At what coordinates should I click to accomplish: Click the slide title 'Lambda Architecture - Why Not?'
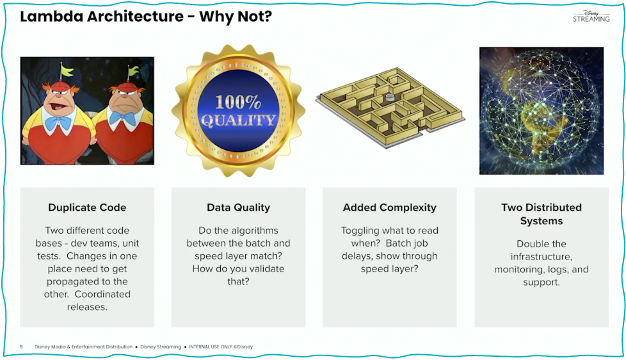[x=146, y=17]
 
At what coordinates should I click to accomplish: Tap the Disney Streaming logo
[x=591, y=16]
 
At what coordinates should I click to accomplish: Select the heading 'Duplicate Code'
[x=87, y=208]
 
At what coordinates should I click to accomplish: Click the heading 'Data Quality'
[x=238, y=208]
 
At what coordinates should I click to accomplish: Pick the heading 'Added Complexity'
[x=389, y=208]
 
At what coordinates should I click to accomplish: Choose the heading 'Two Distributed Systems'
[x=541, y=214]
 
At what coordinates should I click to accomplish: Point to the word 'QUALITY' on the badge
[x=238, y=120]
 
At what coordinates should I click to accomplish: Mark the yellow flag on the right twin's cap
[x=133, y=70]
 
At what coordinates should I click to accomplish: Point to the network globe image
[x=541, y=110]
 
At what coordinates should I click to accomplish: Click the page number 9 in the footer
[x=21, y=347]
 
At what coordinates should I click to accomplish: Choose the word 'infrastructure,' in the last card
[x=541, y=257]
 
